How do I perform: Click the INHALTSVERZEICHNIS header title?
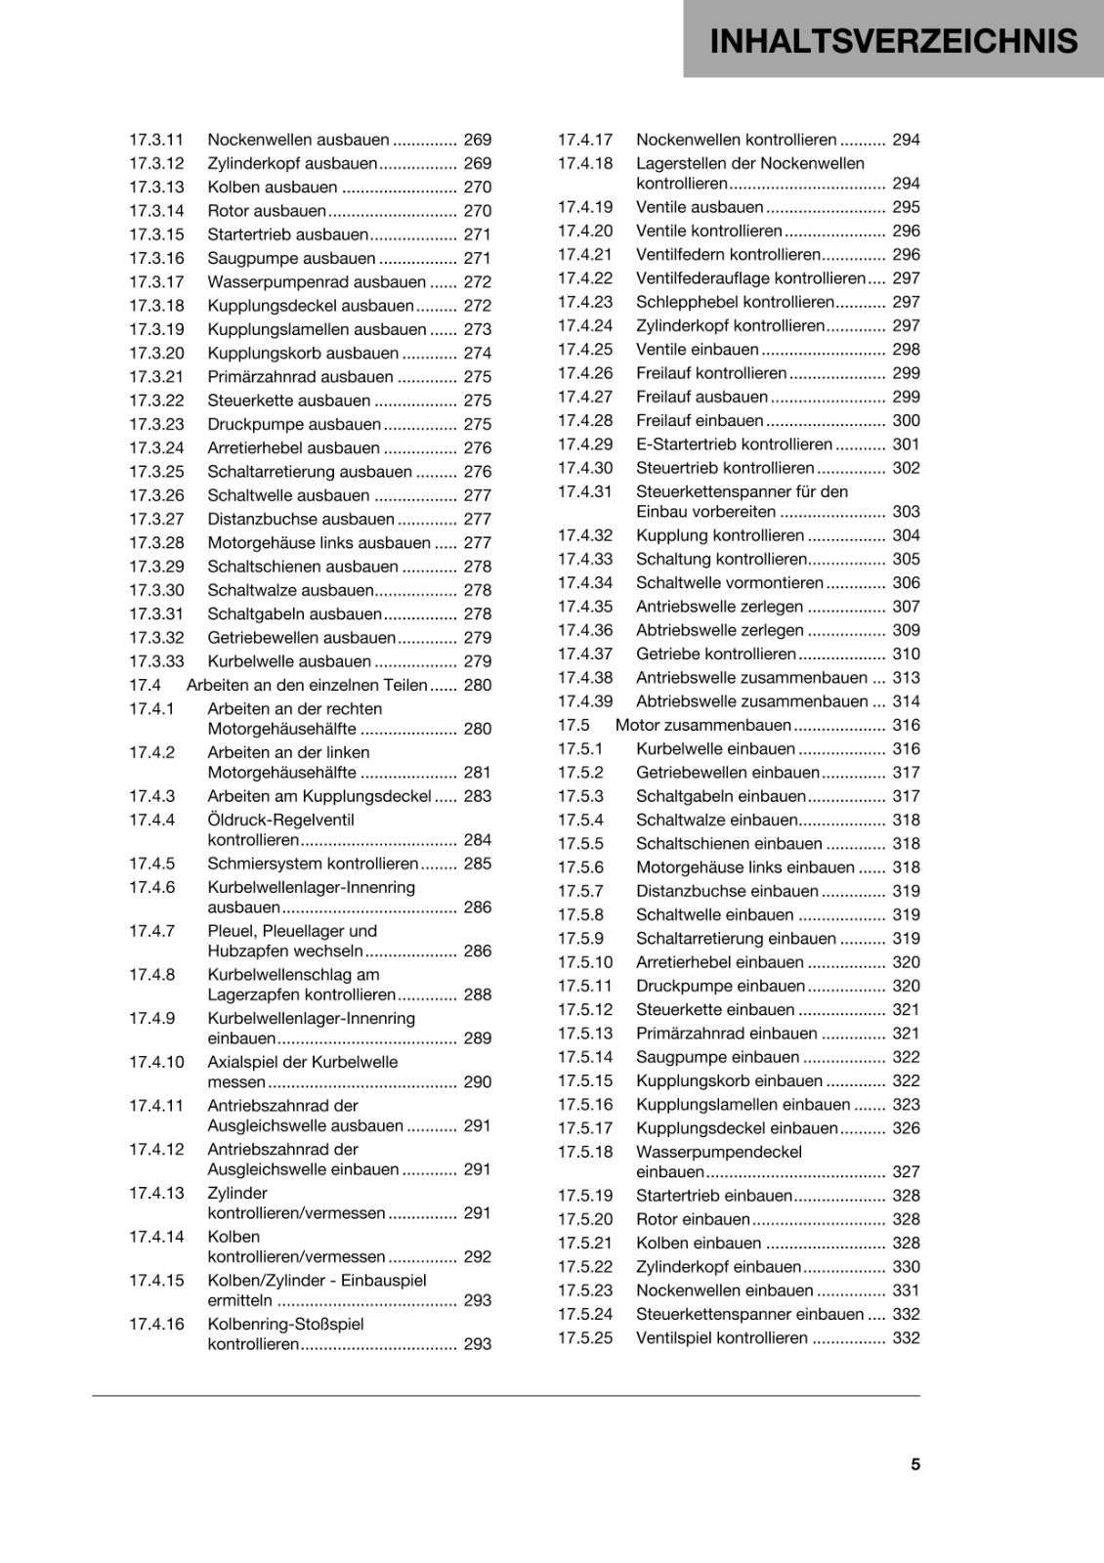(893, 41)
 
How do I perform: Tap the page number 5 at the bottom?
(914, 1464)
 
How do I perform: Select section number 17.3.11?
(156, 140)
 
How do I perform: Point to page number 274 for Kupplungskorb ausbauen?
(477, 354)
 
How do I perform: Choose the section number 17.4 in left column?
(145, 686)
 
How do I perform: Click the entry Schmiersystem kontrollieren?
(313, 864)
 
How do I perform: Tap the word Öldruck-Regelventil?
(280, 821)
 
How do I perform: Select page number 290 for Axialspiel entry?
(477, 1082)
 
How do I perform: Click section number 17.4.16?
(156, 1325)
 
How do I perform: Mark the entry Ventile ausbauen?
(700, 207)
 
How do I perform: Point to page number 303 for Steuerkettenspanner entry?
(906, 512)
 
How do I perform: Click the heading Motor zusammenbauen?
(702, 726)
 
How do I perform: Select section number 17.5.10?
(585, 962)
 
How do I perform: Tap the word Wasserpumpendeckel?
(718, 1152)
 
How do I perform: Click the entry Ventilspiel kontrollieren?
(722, 1338)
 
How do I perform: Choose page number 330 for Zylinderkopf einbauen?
(906, 1267)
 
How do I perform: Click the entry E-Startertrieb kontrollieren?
(734, 444)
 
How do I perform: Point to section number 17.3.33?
(156, 661)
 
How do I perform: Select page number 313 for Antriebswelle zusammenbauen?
(906, 678)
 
